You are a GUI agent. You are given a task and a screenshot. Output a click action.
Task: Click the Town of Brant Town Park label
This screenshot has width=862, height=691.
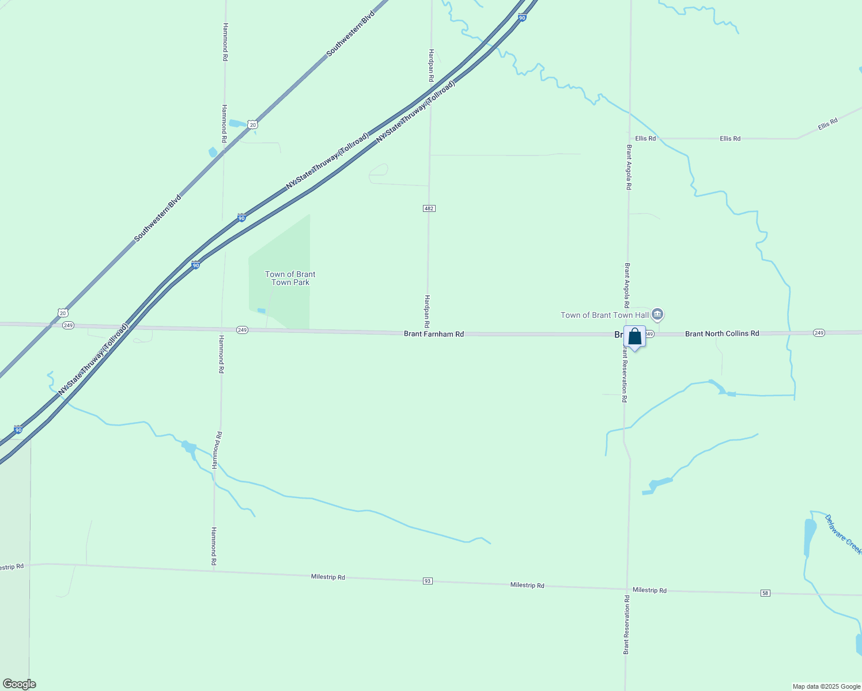pyautogui.click(x=290, y=278)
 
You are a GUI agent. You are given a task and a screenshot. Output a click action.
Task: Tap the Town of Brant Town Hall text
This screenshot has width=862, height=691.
pyautogui.click(x=604, y=315)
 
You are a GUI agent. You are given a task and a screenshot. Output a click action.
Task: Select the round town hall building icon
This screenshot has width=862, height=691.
pyautogui.click(x=658, y=315)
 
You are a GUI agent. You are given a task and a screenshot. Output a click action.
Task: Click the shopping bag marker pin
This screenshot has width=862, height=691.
pyautogui.click(x=634, y=337)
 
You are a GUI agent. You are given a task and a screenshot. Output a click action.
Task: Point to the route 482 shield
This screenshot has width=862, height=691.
pyautogui.click(x=429, y=208)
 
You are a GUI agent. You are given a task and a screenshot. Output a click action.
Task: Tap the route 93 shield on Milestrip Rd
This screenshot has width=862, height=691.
pyautogui.click(x=427, y=581)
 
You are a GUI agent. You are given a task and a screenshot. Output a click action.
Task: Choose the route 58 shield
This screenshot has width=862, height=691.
pyautogui.click(x=765, y=593)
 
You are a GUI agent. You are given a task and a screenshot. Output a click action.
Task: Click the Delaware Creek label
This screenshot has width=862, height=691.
pyautogui.click(x=843, y=534)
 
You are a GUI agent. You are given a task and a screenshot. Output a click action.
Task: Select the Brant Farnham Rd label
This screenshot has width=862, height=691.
pyautogui.click(x=434, y=334)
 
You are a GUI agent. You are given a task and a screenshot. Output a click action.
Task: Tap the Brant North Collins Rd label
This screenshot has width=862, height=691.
pyautogui.click(x=722, y=333)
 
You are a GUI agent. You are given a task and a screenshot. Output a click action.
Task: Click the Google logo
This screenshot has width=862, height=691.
pyautogui.click(x=19, y=684)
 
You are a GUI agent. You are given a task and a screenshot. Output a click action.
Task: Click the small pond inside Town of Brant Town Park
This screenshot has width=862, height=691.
pyautogui.click(x=262, y=311)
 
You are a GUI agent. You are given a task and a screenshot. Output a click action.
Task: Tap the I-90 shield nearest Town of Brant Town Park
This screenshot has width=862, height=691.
pyautogui.click(x=196, y=265)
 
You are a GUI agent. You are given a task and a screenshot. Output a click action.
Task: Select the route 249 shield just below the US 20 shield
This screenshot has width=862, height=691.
pyautogui.click(x=68, y=325)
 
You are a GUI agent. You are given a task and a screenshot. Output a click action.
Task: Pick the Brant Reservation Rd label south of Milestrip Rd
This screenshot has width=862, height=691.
pyautogui.click(x=626, y=625)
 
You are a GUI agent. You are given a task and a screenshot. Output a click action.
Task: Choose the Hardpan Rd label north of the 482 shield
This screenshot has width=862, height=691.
pyautogui.click(x=430, y=64)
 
